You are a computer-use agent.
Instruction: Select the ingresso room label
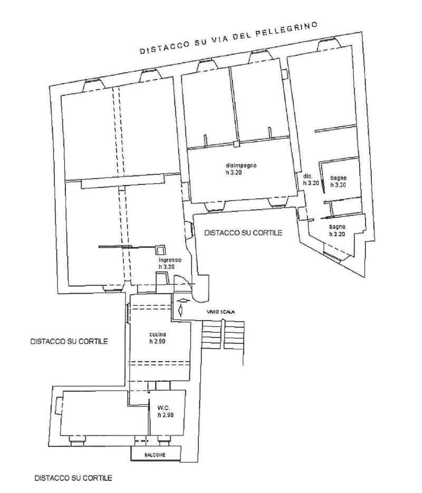pyautogui.click(x=170, y=260)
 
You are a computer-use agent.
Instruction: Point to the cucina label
pyautogui.click(x=158, y=334)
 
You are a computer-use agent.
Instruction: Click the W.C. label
pyautogui.click(x=164, y=408)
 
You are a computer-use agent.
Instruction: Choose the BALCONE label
pyautogui.click(x=155, y=455)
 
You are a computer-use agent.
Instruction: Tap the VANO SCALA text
pyautogui.click(x=220, y=312)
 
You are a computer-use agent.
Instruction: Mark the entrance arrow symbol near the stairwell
pyautogui.click(x=181, y=306)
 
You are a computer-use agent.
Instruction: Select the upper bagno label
pyautogui.click(x=338, y=178)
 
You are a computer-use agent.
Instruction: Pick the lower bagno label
pyautogui.click(x=338, y=227)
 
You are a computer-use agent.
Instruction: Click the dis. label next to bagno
pyautogui.click(x=307, y=176)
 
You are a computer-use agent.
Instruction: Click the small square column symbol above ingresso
pyautogui.click(x=160, y=250)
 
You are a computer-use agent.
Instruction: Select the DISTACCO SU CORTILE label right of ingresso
pyautogui.click(x=243, y=233)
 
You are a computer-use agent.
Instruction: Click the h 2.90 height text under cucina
pyautogui.click(x=158, y=342)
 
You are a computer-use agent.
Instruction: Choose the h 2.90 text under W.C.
pyautogui.click(x=166, y=415)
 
